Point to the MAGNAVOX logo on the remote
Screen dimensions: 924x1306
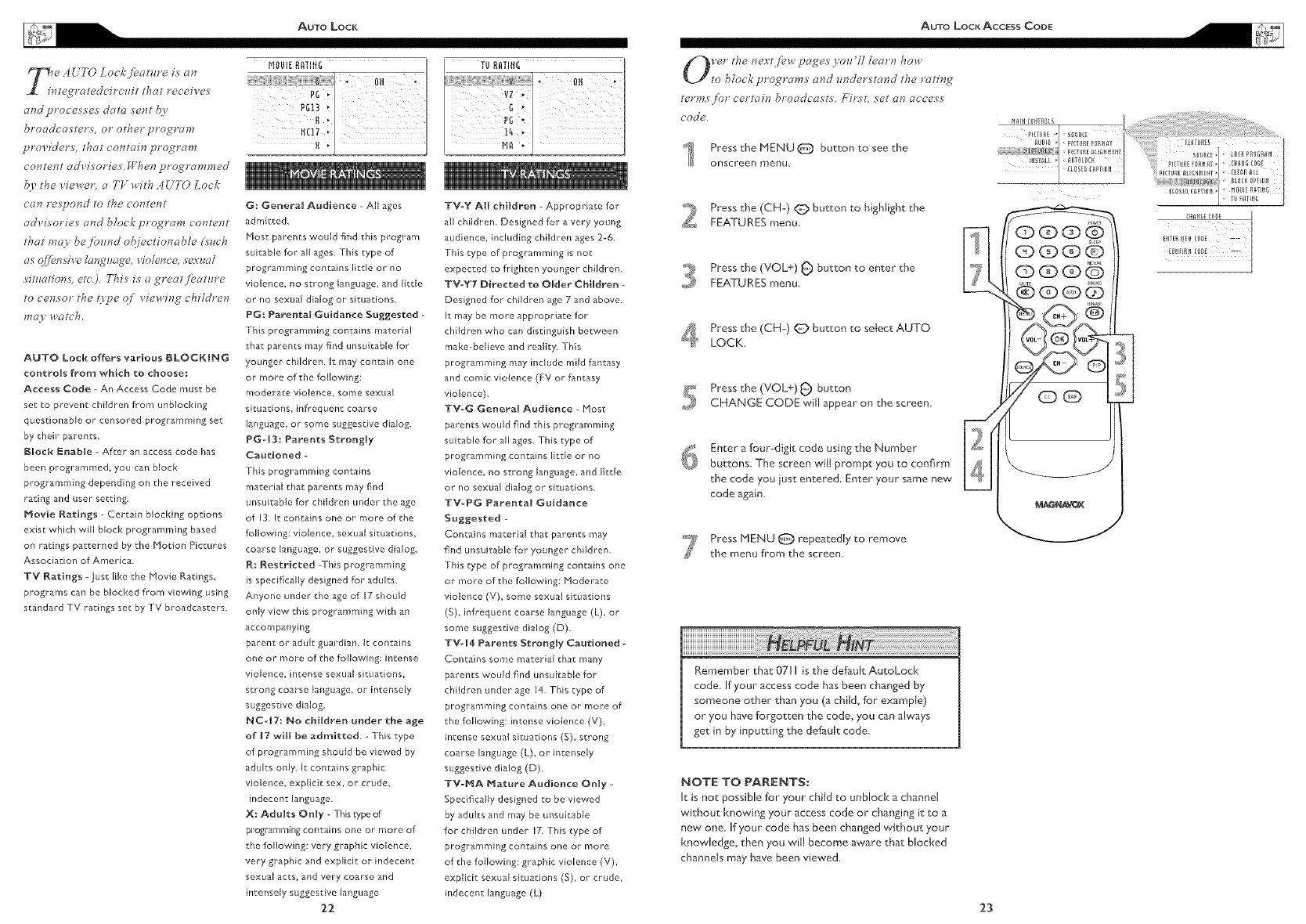click(x=1057, y=504)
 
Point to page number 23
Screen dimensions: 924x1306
click(x=985, y=908)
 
